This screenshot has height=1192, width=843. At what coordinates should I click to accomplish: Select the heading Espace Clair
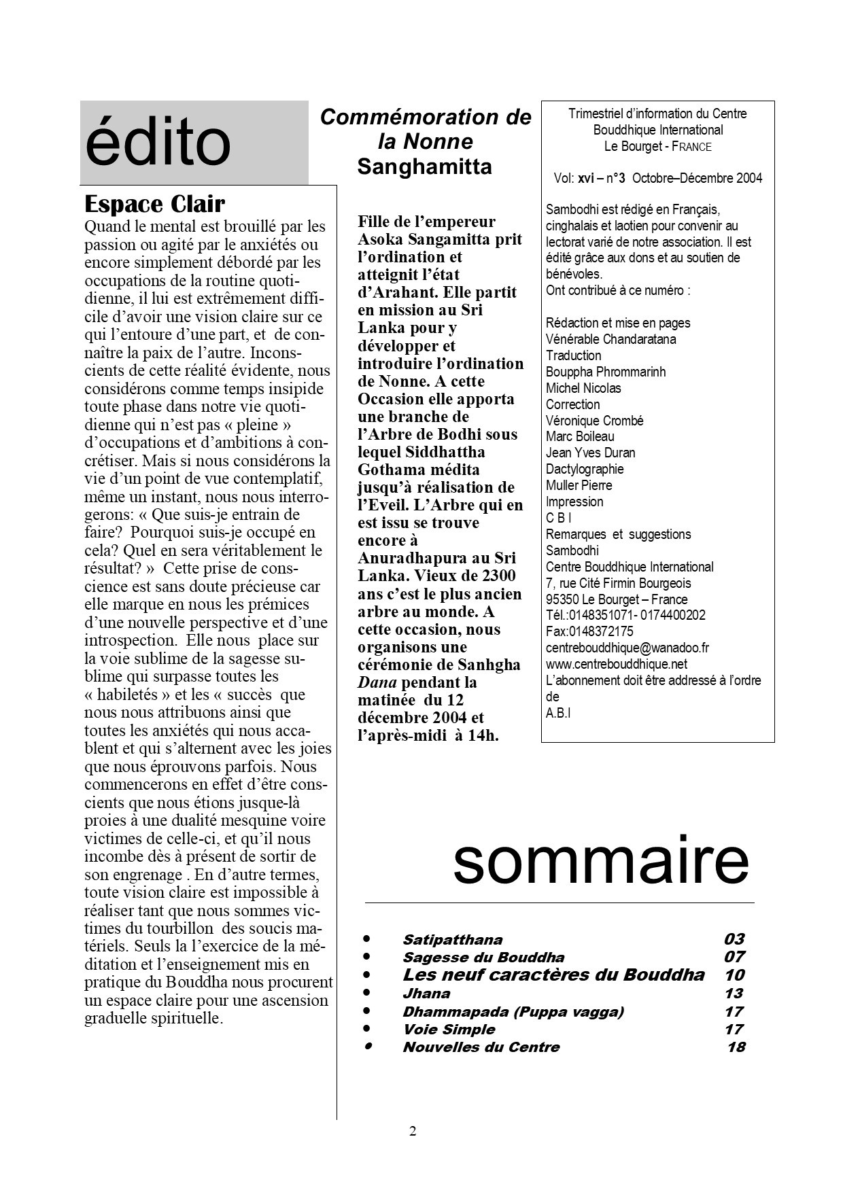(x=154, y=204)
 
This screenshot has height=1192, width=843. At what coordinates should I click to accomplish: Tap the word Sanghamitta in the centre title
(x=424, y=166)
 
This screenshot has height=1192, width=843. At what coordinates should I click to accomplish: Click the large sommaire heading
(x=600, y=861)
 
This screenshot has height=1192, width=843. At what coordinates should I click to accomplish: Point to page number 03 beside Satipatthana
(x=734, y=939)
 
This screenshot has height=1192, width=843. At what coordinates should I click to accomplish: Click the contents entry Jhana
(x=426, y=994)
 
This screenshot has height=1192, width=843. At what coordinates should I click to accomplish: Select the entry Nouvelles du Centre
(x=481, y=1047)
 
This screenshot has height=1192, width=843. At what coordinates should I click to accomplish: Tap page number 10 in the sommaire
(x=734, y=975)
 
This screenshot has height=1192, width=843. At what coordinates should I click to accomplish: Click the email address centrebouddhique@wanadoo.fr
(x=627, y=648)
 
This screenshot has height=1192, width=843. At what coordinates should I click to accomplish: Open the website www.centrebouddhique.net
(x=617, y=664)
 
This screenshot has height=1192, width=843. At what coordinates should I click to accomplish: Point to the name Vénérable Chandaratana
(x=610, y=339)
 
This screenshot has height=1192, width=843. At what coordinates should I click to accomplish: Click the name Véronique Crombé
(x=594, y=421)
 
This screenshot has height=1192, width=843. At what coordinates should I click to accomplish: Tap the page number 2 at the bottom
(x=413, y=1132)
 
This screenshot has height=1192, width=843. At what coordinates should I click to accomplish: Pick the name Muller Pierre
(x=579, y=485)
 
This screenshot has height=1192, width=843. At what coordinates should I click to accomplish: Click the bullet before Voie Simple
(x=366, y=1029)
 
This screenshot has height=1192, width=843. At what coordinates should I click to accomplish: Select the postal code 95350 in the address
(x=562, y=599)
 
